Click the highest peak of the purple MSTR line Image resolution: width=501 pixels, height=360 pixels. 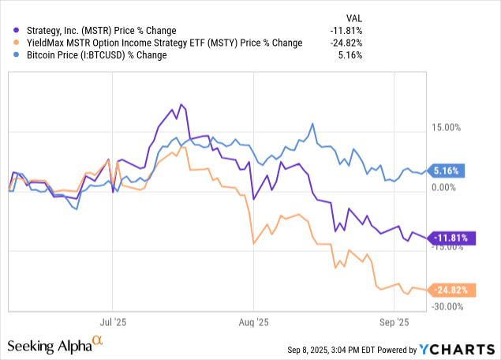coord(181,104)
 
